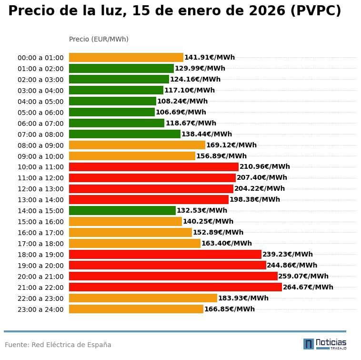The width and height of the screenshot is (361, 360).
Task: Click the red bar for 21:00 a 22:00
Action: [175, 287]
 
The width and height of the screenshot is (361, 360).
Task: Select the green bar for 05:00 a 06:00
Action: [112, 112]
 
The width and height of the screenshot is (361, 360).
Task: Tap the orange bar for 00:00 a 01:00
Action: [126, 58]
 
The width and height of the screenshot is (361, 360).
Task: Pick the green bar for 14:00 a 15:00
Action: [122, 210]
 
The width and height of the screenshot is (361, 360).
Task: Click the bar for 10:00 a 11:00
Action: [154, 167]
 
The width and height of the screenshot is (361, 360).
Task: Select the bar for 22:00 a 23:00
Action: [143, 298]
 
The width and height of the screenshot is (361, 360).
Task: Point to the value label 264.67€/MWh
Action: [308, 287]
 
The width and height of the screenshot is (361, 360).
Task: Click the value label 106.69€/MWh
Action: [181, 112]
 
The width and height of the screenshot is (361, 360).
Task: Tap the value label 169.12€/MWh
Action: [231, 145]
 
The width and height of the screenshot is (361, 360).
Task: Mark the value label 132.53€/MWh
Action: [202, 210]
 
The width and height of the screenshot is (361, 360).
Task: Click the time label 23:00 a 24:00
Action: [40, 309]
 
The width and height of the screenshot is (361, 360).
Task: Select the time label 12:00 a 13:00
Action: [40, 189]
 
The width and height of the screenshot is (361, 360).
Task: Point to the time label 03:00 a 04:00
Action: [40, 91]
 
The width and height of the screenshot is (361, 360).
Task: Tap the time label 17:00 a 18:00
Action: [40, 244]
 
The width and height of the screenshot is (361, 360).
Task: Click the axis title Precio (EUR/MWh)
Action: [99, 39]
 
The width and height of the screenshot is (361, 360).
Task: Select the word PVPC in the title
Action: [316, 10]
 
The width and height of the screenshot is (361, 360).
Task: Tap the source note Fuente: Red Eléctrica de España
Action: [58, 345]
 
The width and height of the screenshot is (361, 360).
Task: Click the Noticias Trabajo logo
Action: [325, 344]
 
